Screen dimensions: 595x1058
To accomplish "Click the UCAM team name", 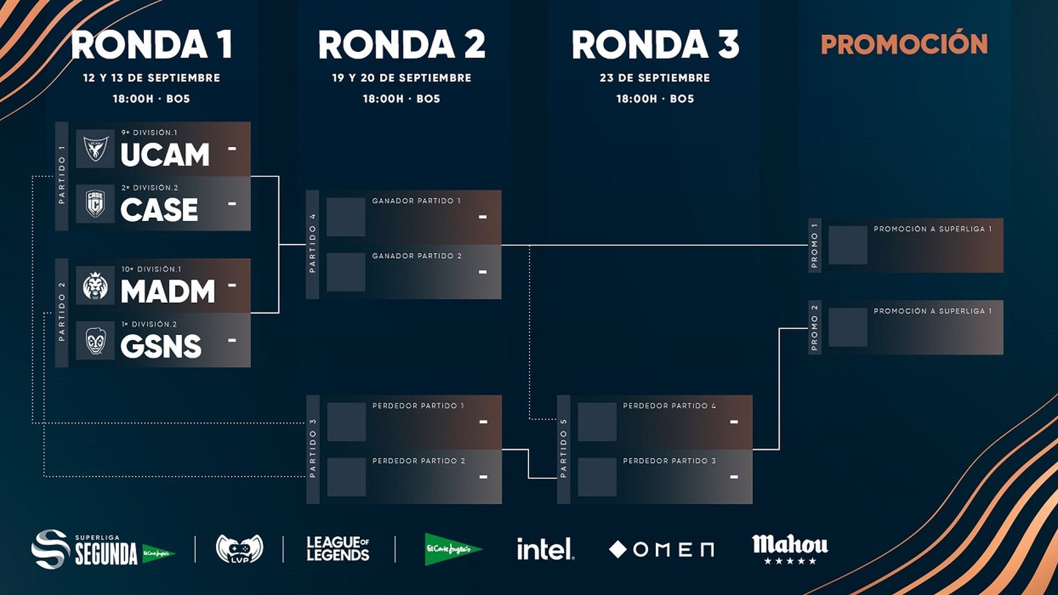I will point(165,155).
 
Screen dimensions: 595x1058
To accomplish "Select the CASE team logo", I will point(95,203).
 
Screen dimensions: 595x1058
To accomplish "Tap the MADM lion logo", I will point(95,286).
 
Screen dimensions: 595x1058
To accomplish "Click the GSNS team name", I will point(161,347).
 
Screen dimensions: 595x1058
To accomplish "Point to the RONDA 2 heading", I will point(402,45).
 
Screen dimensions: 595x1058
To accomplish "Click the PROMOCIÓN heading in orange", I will point(904,45).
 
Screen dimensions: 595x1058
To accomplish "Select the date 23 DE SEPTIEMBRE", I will point(655,78).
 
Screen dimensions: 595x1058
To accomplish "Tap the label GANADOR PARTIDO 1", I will point(416,201).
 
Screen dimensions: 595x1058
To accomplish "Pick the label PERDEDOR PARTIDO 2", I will point(419,461).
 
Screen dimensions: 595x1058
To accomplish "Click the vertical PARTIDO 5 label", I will point(563,448).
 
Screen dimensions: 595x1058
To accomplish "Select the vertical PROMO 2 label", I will point(814,327).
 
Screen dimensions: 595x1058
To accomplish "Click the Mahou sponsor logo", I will point(790,548).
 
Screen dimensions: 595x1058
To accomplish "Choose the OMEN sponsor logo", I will point(661,549).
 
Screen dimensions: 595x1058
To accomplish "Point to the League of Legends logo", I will point(338,549).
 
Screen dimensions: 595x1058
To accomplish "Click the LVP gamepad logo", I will point(239,549).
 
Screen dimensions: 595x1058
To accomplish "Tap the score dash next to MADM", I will point(232,285).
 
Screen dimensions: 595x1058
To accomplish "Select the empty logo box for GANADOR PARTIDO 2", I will point(346,272).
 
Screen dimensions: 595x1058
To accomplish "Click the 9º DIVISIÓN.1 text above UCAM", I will point(149,133).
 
